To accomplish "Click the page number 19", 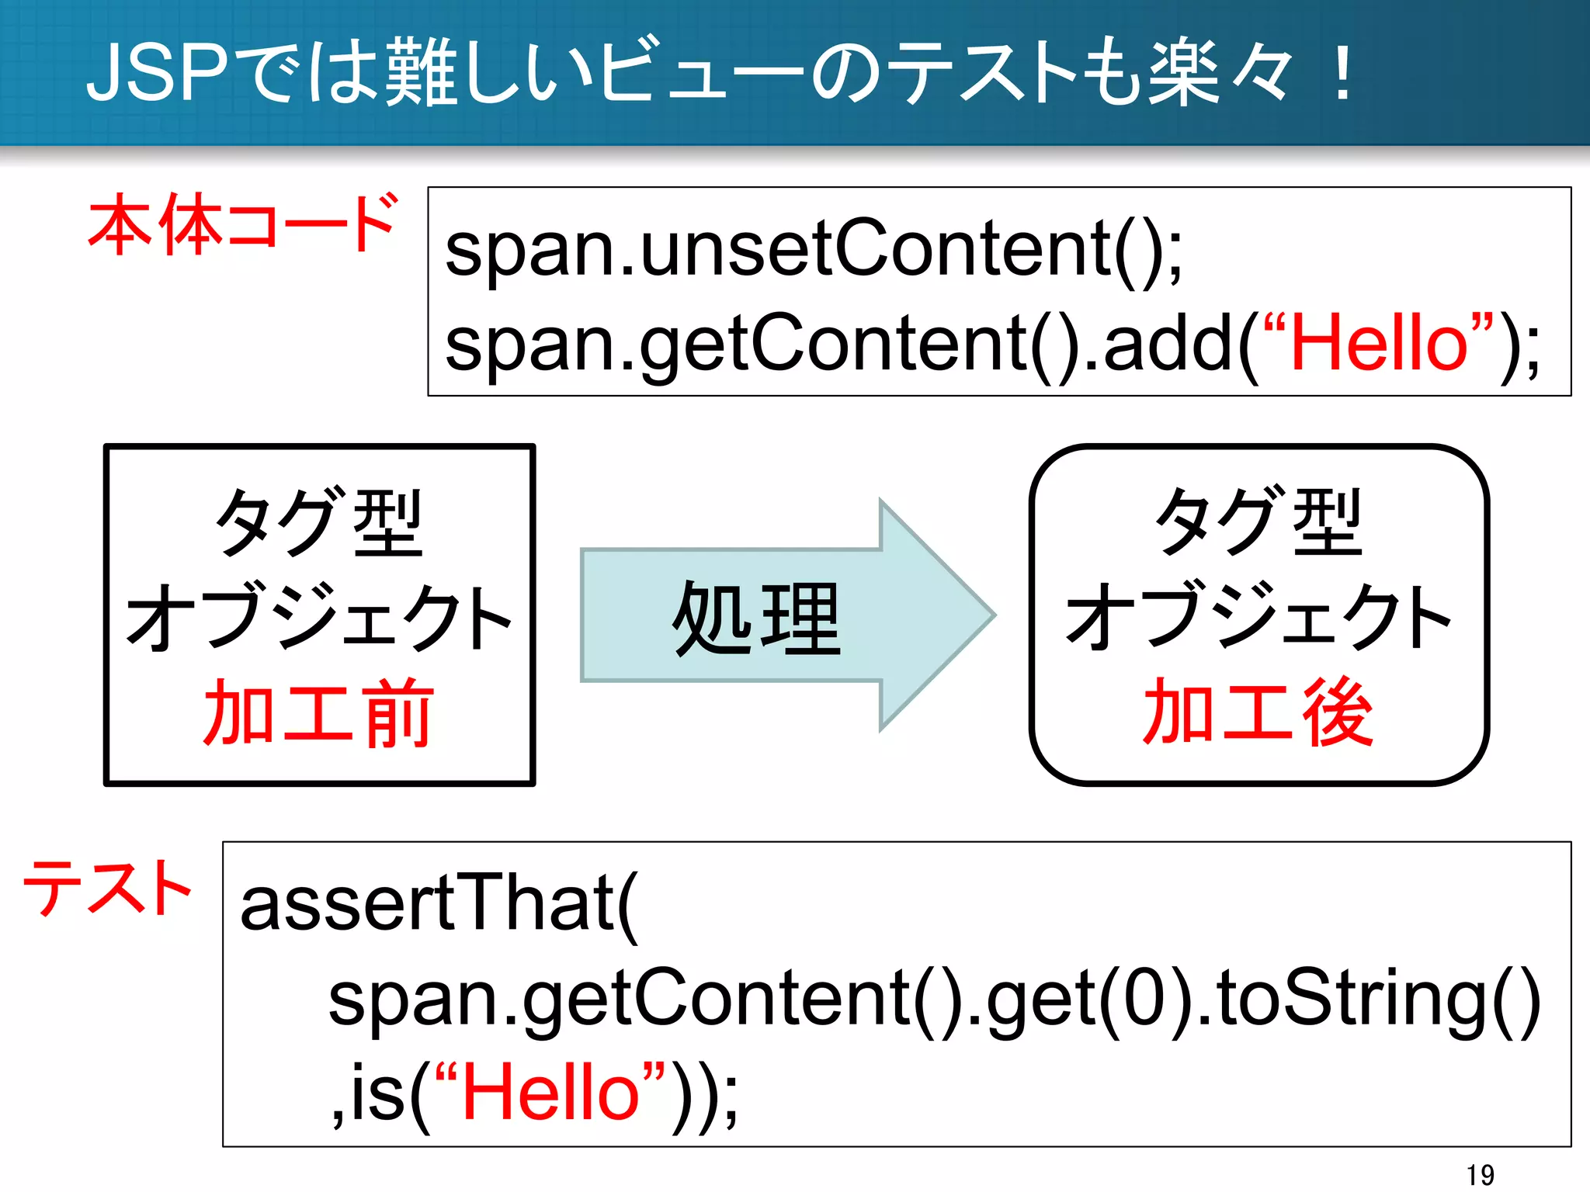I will (1480, 1174).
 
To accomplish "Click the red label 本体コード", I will (243, 225).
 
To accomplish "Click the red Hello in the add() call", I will (1379, 344).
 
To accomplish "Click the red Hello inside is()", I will (550, 1093).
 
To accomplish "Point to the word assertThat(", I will (439, 904).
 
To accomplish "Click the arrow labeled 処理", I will (757, 617).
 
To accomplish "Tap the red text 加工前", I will (318, 712).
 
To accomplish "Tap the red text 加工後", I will (1258, 712).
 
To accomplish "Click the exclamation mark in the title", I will (1341, 74).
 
